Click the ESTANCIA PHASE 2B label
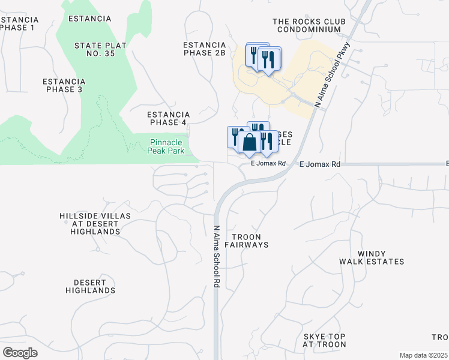(204, 49)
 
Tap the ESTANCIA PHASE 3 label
(64, 85)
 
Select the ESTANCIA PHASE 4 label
(169, 118)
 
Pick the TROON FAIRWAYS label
(246, 241)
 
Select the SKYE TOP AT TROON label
(324, 340)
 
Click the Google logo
(20, 353)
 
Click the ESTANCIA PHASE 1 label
(17, 23)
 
